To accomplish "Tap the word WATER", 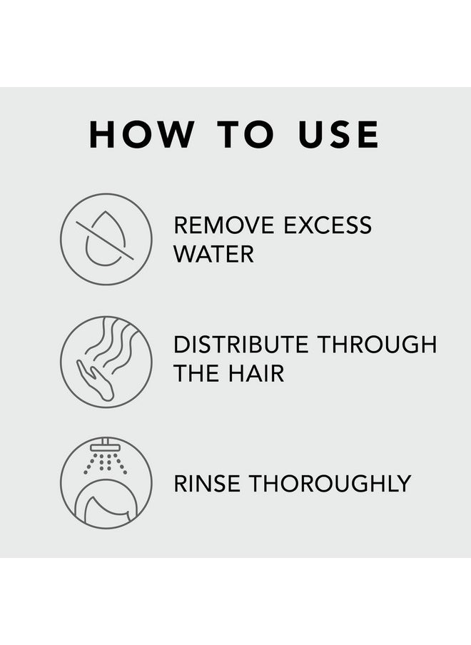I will click(213, 254).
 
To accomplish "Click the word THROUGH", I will click(377, 345).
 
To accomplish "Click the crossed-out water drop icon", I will click(106, 239).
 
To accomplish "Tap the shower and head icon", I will click(106, 483).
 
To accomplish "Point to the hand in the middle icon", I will click(94, 378).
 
